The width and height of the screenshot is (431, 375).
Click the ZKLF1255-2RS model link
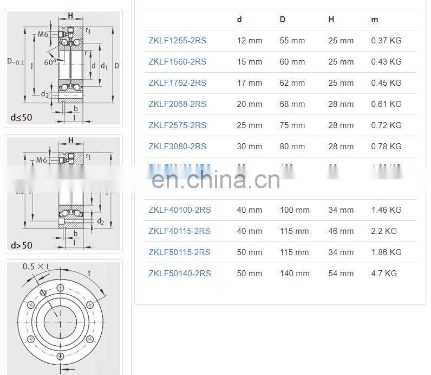coord(177,41)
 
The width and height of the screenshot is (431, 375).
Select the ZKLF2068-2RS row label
coord(177,104)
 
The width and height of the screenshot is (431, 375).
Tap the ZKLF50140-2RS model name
coord(180,274)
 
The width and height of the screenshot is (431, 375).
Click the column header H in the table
coord(331,20)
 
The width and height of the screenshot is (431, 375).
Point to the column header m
coord(375,20)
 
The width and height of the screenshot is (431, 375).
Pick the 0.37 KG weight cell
coord(386,41)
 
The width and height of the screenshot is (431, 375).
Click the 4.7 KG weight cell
coord(384,274)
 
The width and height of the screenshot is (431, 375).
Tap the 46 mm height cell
coord(341,231)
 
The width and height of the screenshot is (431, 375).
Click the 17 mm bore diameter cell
coord(249,83)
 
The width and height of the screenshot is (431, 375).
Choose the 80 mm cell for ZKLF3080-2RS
coord(292,147)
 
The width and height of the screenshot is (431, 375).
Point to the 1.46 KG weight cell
coord(386,210)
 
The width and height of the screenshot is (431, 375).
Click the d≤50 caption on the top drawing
coord(22,117)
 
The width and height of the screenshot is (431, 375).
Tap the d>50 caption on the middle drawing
coord(22,245)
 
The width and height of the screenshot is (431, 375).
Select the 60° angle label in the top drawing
coord(50,62)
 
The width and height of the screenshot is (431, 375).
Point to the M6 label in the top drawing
coord(44,35)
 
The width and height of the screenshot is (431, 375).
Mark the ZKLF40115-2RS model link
coord(180,231)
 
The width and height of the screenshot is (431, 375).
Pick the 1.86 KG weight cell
coord(386,252)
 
